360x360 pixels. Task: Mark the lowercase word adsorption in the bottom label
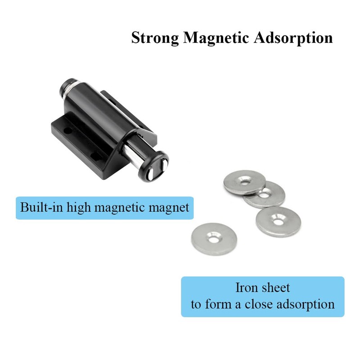click(306, 304)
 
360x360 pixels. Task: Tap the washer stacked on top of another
click(244, 181)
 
